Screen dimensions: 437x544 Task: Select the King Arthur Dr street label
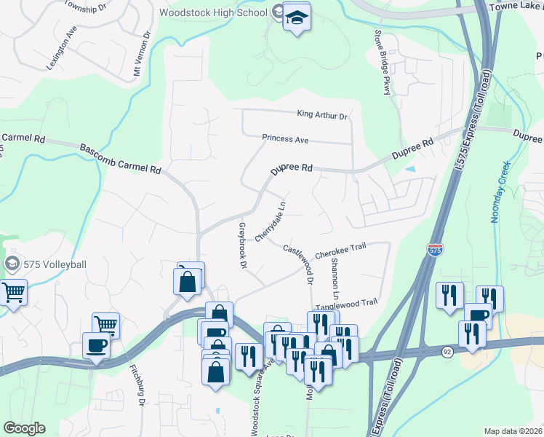click(322, 114)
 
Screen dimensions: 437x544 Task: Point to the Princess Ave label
click(286, 138)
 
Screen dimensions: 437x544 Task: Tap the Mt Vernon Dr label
click(140, 55)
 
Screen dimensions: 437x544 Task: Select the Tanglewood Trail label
click(351, 302)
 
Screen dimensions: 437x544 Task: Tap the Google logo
click(25, 428)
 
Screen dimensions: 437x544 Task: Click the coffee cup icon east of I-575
click(477, 315)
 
